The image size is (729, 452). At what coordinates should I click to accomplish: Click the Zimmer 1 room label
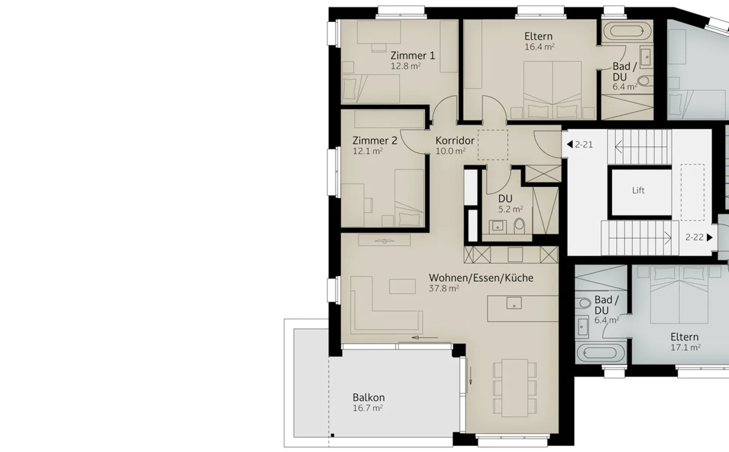413,56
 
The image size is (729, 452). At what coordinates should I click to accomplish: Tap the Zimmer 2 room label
375,141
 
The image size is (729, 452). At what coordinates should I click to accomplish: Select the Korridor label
455,141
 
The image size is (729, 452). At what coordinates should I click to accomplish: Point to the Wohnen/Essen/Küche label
481,278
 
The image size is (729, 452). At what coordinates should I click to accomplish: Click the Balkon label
369,398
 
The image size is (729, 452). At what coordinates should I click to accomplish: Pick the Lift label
638,190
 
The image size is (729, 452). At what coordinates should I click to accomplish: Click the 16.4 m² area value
539,47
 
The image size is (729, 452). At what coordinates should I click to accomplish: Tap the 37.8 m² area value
443,289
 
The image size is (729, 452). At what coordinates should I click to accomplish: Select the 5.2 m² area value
510,209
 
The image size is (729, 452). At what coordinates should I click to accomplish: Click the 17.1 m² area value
685,348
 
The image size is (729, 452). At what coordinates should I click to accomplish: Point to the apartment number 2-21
584,144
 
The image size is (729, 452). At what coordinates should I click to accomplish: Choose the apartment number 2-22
694,237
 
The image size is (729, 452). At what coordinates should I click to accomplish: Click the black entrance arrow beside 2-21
570,144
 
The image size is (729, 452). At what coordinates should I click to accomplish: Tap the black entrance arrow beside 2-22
710,237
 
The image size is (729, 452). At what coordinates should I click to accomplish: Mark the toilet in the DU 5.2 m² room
519,225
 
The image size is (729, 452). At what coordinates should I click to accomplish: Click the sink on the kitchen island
514,304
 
